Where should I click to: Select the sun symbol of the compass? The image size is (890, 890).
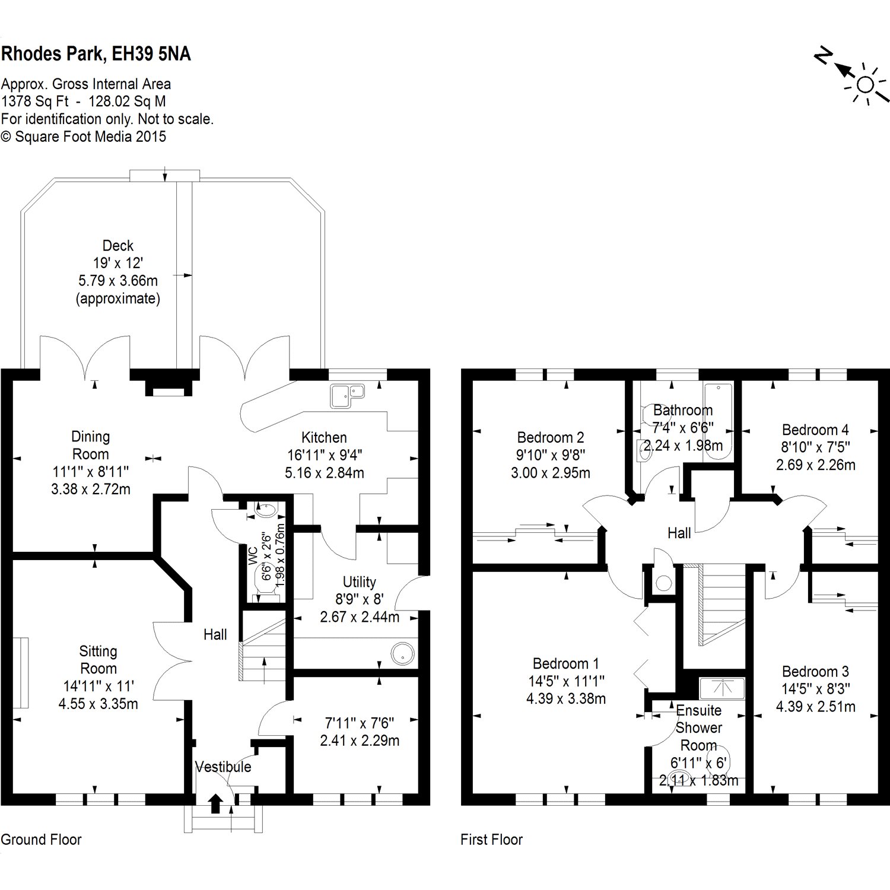[865, 85]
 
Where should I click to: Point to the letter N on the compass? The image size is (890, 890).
[822, 56]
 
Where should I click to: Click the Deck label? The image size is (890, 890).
[117, 246]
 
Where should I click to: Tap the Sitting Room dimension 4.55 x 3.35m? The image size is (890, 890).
[98, 704]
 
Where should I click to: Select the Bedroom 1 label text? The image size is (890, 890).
[565, 663]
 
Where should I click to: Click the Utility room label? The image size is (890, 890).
[359, 582]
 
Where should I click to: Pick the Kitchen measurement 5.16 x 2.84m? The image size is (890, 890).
[325, 473]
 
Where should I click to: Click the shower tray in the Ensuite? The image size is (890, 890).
[721, 688]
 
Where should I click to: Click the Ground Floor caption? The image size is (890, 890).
[41, 840]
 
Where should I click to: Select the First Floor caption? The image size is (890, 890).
[491, 840]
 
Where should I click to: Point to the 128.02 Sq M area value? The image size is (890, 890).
[127, 101]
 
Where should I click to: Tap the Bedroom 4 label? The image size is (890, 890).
[815, 430]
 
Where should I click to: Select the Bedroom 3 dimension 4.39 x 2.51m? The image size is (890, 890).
[815, 707]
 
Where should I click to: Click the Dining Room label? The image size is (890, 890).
[90, 446]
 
